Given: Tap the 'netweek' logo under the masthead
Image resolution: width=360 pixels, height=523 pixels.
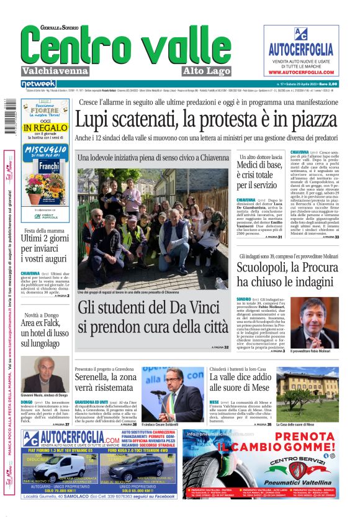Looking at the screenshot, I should [38, 83].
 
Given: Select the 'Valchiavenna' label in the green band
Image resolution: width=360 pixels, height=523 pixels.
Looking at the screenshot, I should [54, 70].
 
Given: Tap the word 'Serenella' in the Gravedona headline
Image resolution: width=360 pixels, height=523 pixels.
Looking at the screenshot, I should [96, 377].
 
